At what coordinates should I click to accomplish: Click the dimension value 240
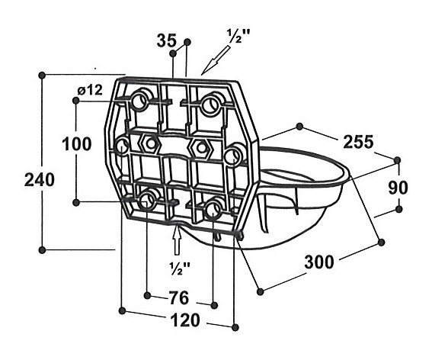40,179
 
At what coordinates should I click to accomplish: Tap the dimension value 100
77,143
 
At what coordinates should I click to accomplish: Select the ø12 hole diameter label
90,90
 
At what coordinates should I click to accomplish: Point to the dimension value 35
166,40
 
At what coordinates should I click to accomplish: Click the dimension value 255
358,142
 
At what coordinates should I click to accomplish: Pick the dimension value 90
398,188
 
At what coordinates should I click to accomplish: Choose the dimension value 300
319,262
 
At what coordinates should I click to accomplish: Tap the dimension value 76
179,298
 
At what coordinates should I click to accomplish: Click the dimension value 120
185,320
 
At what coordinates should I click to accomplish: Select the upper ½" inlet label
235,36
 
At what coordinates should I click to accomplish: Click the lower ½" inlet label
180,267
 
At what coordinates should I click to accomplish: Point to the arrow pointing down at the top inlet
216,60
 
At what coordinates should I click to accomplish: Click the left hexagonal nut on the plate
150,143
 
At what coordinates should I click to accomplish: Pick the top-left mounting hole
139,101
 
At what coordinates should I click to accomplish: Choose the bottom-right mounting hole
213,211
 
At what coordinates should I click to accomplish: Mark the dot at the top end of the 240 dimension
42,75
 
